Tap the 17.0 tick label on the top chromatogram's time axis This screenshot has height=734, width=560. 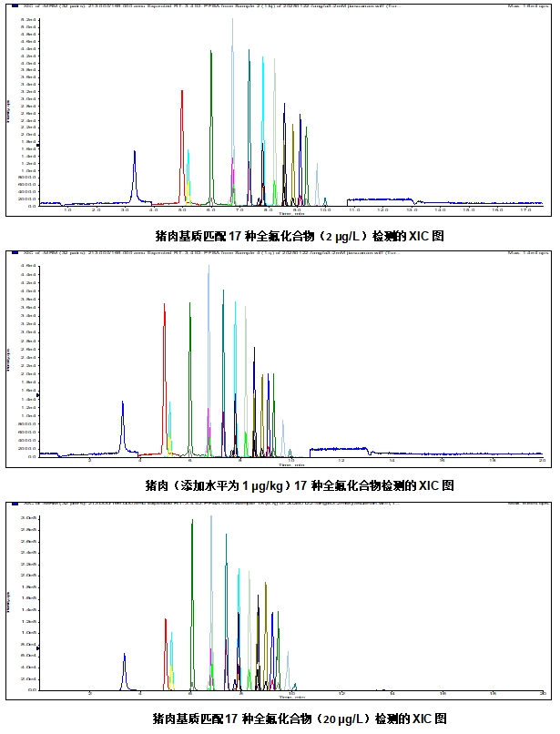pos(525,210)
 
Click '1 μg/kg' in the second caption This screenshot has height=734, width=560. pos(272,485)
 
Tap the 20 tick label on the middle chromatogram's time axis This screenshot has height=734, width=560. pos(542,461)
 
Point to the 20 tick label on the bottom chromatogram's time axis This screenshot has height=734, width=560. pos(542,694)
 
